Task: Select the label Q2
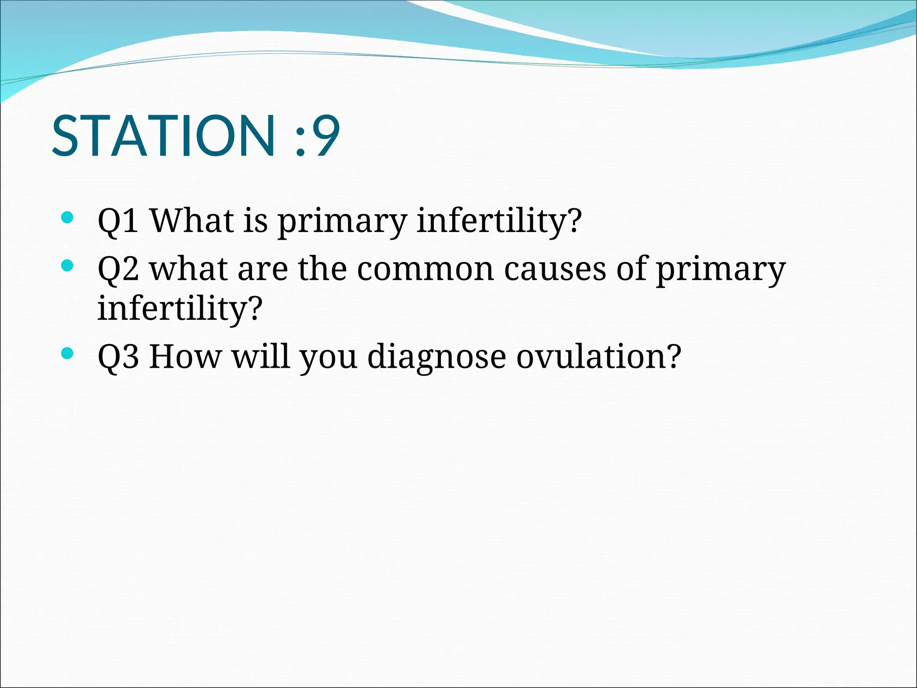coord(118,269)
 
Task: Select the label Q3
coord(118,357)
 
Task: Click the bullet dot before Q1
coord(67,218)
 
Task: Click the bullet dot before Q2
coord(67,266)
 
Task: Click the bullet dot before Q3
coord(67,354)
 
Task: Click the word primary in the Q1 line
coord(342,223)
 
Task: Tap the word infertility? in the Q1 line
coord(499,222)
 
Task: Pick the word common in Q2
coord(425,270)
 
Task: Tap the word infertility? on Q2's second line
coord(180,309)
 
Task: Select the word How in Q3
coord(185,357)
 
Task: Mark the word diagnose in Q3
coord(437,358)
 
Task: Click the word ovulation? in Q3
coord(598,357)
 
